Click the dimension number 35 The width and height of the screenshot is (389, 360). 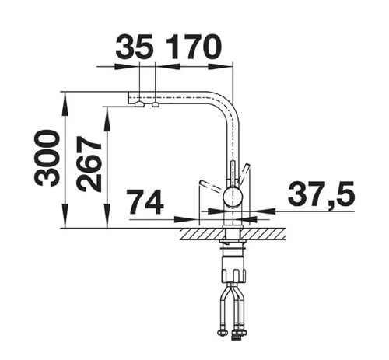tap(134, 47)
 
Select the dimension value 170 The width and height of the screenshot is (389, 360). tap(193, 47)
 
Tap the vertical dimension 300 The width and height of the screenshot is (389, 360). tap(47, 159)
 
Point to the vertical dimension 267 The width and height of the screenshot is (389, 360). tap(89, 164)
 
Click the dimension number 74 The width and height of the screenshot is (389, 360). tap(146, 202)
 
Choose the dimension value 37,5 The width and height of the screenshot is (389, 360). tap(321, 193)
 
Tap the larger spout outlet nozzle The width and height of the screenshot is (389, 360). tap(139, 104)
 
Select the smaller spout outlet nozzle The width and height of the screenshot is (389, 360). tap(156, 104)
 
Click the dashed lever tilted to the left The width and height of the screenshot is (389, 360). tap(212, 187)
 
